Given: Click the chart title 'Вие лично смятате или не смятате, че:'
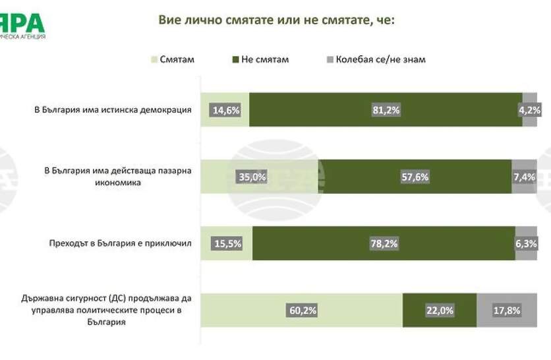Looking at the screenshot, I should [276, 20].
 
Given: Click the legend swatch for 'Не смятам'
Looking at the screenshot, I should [235, 60].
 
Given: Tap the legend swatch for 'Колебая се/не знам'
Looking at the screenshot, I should [330, 60].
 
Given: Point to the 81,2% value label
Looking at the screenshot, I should [386, 110].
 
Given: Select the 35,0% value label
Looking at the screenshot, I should [250, 177].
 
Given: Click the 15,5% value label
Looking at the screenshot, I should [227, 243].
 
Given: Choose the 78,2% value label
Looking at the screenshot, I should [384, 243].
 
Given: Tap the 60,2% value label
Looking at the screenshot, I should [302, 310].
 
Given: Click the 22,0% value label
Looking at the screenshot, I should [440, 310].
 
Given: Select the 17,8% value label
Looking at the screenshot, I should [507, 310].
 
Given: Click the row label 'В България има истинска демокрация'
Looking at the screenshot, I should [113, 110].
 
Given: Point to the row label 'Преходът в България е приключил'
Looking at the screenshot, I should [120, 243].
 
